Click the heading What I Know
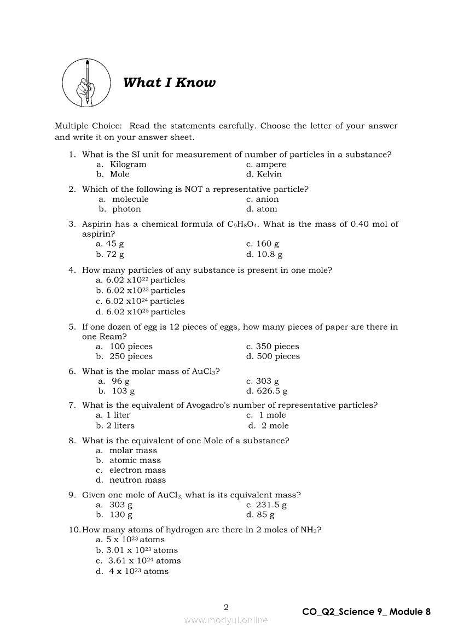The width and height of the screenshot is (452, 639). tap(169, 83)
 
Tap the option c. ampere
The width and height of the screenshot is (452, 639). tap(266, 165)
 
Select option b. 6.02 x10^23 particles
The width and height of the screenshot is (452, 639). tap(141, 291)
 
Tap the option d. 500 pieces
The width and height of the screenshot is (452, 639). tap(273, 356)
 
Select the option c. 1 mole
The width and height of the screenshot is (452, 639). tap(266, 415)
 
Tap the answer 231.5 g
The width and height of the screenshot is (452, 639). tap(266, 505)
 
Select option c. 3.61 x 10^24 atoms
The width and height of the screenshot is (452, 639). tap(138, 561)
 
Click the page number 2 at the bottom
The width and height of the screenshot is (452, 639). tap(226, 607)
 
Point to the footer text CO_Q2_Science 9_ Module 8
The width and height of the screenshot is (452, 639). tap(366, 612)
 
